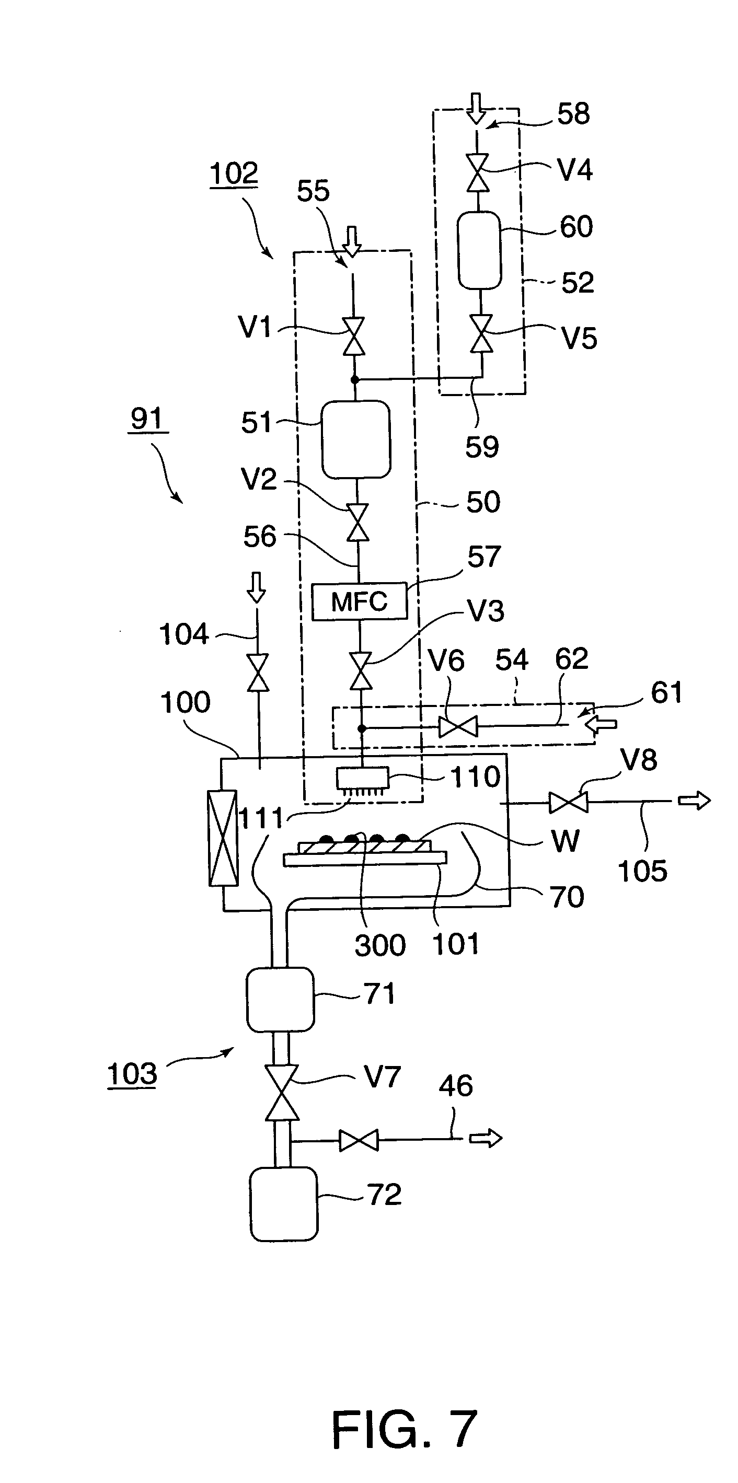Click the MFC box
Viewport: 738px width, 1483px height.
(x=359, y=601)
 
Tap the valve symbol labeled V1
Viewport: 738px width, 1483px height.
(x=354, y=337)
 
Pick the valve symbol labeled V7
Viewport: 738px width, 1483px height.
(x=282, y=1092)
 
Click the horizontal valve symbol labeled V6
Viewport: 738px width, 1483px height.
(x=458, y=726)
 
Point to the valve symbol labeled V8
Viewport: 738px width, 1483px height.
(x=568, y=803)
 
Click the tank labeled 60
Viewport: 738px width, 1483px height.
(x=479, y=250)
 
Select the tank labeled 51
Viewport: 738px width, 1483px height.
(x=356, y=439)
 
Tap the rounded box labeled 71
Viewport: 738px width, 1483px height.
(x=280, y=1000)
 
